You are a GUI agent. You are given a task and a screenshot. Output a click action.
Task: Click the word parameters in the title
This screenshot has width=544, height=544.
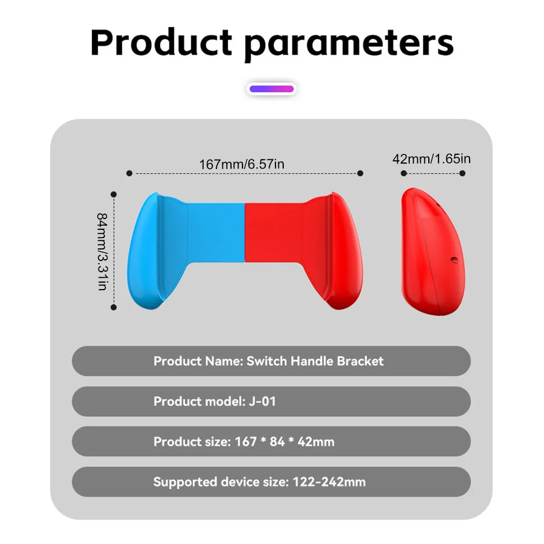(x=348, y=43)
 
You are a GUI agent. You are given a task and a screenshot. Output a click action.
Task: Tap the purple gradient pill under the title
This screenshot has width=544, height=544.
(x=272, y=89)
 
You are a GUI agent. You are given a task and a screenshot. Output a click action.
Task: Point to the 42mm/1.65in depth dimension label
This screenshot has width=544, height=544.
(x=432, y=159)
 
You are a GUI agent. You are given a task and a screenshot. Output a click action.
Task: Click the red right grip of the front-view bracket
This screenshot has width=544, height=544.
(x=337, y=250)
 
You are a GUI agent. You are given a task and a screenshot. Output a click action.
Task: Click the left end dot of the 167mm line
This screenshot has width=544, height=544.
(x=129, y=173)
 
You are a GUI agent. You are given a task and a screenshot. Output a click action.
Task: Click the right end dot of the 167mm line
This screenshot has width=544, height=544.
(x=360, y=173)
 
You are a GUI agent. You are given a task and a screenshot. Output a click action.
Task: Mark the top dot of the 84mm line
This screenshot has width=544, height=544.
(x=114, y=194)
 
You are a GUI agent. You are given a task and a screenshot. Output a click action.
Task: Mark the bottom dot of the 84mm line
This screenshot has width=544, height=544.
(x=114, y=307)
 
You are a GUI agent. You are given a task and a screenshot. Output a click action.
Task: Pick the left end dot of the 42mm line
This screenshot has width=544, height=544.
(x=404, y=173)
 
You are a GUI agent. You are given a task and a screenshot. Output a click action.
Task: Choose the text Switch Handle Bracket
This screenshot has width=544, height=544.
(x=315, y=361)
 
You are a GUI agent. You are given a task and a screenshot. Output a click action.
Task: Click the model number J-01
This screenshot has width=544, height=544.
(x=262, y=402)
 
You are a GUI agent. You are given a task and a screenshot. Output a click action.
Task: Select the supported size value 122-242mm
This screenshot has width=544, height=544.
(x=329, y=482)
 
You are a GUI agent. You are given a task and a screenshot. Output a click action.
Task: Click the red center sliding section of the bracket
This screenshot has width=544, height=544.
(x=272, y=231)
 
